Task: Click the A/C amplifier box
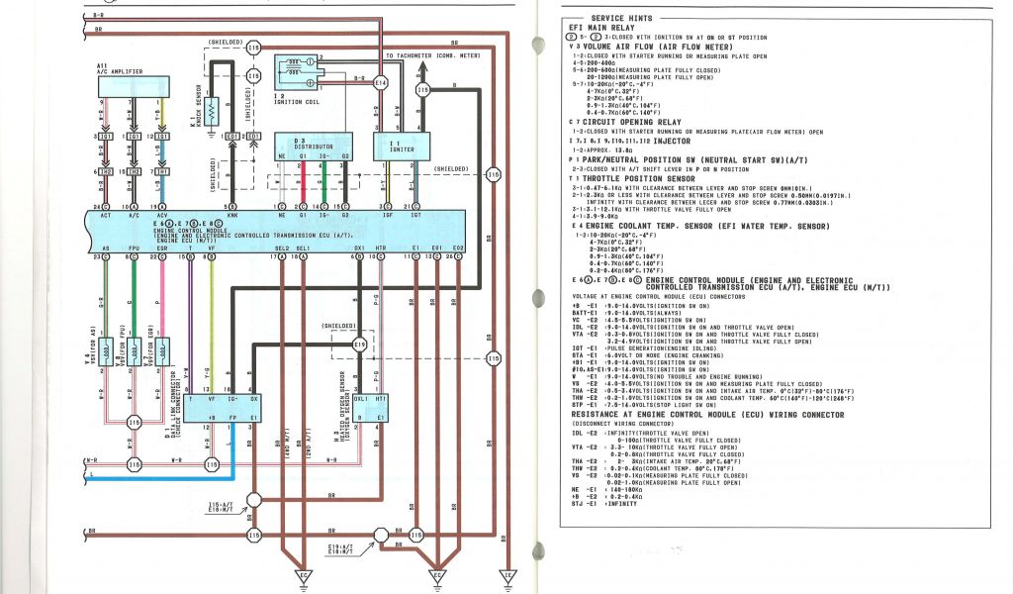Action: tap(131, 86)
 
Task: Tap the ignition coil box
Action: tap(300, 69)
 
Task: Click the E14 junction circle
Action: tap(381, 84)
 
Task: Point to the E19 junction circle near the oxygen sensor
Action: tap(360, 345)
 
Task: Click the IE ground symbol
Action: tap(507, 574)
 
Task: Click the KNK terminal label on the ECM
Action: tap(232, 216)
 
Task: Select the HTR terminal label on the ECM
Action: tap(380, 247)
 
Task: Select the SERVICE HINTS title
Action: tap(621, 19)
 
